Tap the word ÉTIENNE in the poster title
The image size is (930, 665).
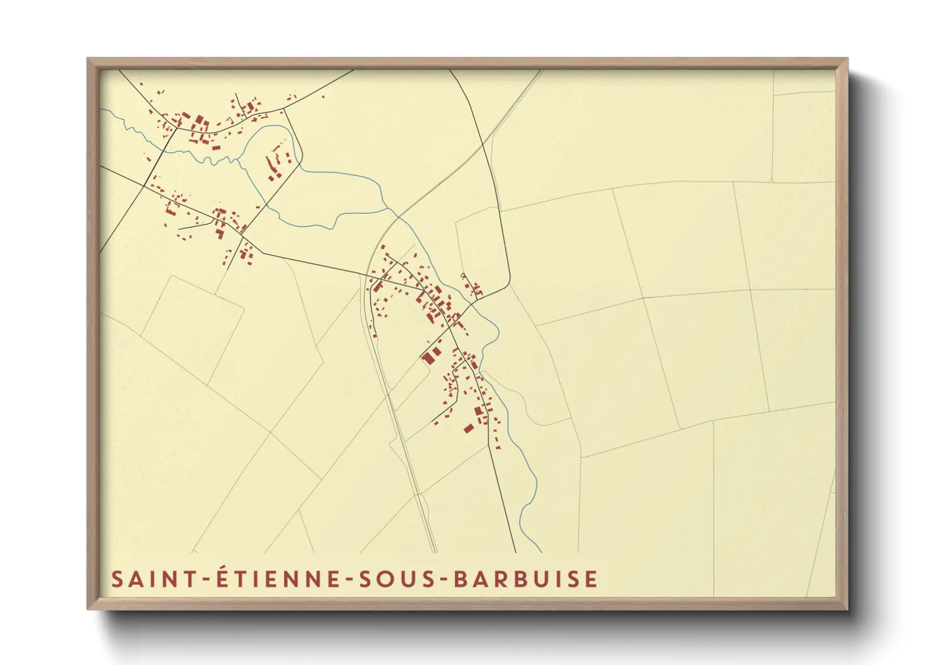point(275,578)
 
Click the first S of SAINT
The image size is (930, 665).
point(117,579)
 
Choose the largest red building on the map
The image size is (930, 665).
point(429,358)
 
